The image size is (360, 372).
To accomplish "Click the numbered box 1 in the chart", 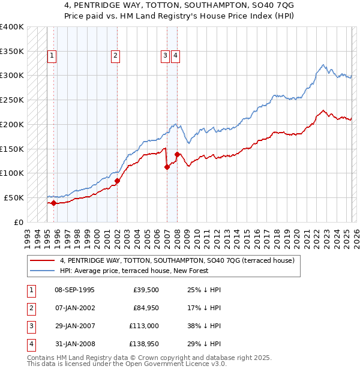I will [x=52, y=56].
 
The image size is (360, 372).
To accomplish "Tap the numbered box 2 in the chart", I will [x=115, y=56].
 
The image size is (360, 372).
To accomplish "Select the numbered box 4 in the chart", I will [x=176, y=56].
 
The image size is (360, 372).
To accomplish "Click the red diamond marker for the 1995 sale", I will [x=53, y=203].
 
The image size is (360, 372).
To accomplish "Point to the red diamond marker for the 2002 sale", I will [x=117, y=181].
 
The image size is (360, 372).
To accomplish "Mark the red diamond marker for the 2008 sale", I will [x=178, y=154].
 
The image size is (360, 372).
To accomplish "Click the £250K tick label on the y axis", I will [x=11, y=100].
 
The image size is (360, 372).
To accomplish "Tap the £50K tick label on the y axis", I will [x=14, y=197].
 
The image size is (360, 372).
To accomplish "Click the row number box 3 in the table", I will [x=30, y=326].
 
